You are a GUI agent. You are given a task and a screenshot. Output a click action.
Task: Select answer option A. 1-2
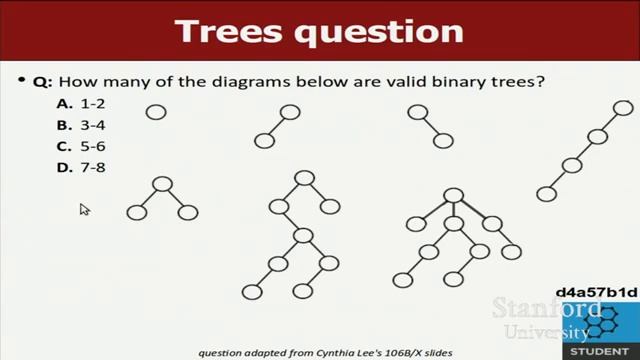coord(80,104)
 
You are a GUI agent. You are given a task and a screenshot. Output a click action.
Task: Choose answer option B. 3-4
coord(80,125)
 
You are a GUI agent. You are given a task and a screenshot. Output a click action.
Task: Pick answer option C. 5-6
coord(80,146)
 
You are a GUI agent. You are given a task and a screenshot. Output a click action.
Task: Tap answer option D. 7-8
coord(80,167)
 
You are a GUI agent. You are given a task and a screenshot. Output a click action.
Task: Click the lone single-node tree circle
coord(156,112)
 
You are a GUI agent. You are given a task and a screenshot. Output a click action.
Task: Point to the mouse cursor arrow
coord(84,209)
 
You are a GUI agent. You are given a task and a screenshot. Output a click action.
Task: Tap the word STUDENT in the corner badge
coord(600,352)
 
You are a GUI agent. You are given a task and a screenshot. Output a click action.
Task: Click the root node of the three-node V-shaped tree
coord(162,184)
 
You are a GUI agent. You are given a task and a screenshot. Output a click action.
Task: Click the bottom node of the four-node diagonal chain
coord(546,194)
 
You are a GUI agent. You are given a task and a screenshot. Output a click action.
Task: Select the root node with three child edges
coord(453,196)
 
